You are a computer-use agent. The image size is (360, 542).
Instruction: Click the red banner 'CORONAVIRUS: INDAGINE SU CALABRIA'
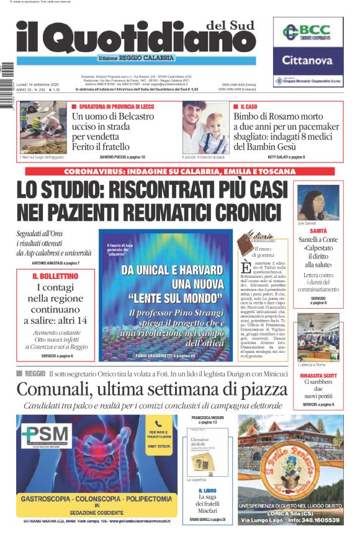point(179,171)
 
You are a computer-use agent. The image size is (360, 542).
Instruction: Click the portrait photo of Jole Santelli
point(317,202)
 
